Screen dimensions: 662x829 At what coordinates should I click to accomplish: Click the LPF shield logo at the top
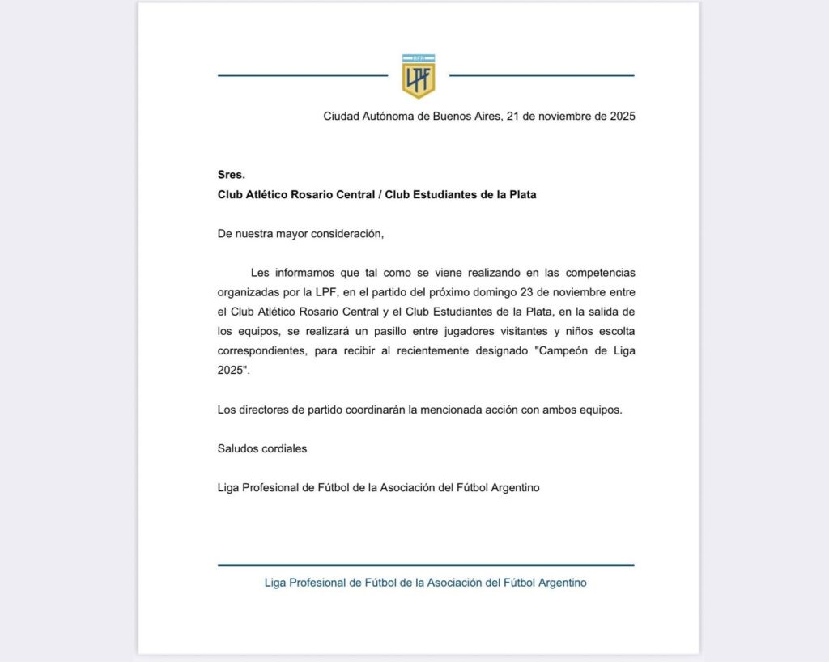pos(419,75)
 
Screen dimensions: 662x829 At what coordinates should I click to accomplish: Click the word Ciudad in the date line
pos(341,117)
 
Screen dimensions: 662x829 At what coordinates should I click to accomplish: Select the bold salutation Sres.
pos(231,175)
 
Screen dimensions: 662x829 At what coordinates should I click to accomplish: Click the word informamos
pos(305,273)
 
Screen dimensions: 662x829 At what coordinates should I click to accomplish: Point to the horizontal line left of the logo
pos(303,76)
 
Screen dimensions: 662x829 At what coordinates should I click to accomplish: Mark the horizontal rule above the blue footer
pos(426,565)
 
